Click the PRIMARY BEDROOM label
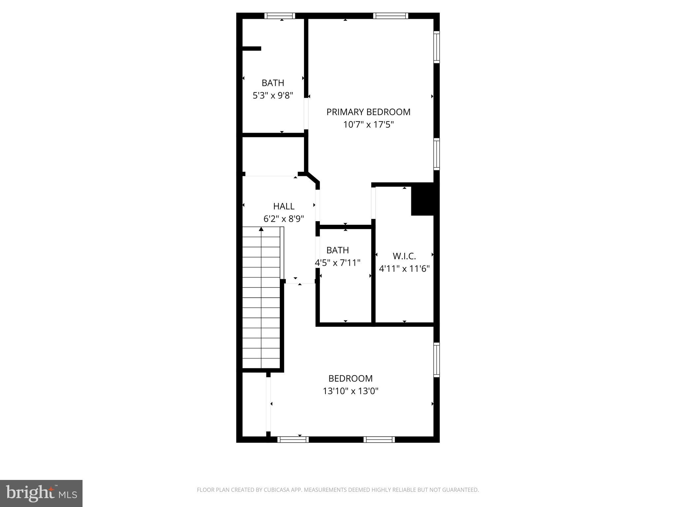pos(368,112)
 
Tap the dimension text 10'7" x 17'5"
pos(368,125)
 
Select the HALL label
pos(284,206)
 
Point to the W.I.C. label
pos(404,256)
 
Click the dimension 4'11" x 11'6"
pos(404,269)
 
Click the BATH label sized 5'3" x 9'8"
pos(273,83)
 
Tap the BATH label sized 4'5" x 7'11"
pos(337,250)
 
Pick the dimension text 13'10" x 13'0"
pos(350,391)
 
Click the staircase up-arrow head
pos(261,229)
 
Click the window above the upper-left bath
pos(280,16)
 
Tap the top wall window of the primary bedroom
pos(390,16)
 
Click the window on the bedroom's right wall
pos(436,360)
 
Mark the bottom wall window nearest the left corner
pos(293,439)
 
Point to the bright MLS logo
pos(41,493)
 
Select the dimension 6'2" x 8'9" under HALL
pos(284,219)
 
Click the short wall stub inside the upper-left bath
pos(252,49)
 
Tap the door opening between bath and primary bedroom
pos(306,114)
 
